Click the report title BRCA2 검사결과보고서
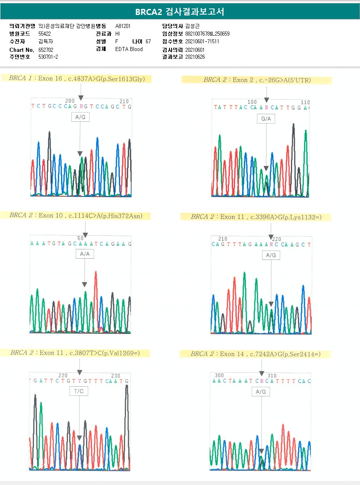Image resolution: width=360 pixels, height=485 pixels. point(180,12)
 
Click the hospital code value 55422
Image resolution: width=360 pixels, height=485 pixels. point(44,34)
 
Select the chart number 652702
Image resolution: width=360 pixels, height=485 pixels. point(46,49)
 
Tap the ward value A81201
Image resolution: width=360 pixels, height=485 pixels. point(123,26)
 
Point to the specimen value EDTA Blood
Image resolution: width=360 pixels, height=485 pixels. point(129,49)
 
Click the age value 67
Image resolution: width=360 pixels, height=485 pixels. point(148,41)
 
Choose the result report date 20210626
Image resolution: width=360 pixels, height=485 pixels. point(195,57)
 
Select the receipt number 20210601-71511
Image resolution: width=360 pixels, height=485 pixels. point(202,42)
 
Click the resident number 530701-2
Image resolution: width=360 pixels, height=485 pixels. point(48,57)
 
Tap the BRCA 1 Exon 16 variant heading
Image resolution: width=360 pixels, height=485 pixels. point(77,79)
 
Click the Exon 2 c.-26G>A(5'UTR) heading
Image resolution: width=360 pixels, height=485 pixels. point(257,80)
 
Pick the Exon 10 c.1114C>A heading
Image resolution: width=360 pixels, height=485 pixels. point(76,216)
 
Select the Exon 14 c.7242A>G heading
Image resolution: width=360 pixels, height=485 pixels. point(255,354)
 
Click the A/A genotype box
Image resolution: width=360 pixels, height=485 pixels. point(85,254)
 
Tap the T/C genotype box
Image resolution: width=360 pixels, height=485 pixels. point(79,391)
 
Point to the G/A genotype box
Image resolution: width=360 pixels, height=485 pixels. point(266,119)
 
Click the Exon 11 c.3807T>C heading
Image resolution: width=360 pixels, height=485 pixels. point(75,353)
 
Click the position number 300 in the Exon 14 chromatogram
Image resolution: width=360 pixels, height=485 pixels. point(219,375)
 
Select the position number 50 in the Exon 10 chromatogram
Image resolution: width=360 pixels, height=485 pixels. point(80,238)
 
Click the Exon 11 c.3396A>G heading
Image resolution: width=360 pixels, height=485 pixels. point(256,217)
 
